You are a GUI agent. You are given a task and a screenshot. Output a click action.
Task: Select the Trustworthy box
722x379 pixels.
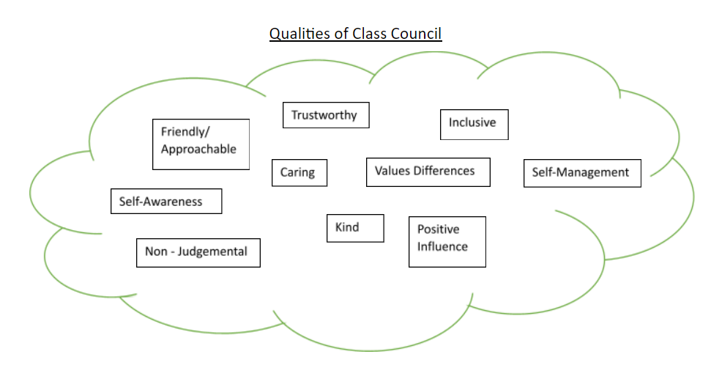[326, 115]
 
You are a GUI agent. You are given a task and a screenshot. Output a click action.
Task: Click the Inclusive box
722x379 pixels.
[474, 125]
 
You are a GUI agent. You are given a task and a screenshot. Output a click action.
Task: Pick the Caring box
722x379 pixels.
[299, 173]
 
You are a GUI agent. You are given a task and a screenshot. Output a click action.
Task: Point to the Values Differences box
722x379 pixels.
[428, 172]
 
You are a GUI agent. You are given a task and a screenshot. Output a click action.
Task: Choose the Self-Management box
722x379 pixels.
[582, 173]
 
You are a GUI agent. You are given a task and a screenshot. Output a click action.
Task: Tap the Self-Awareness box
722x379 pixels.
[166, 201]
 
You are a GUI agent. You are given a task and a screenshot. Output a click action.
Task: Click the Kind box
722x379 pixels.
[355, 228]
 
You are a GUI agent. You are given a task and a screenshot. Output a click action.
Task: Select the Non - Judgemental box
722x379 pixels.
[198, 253]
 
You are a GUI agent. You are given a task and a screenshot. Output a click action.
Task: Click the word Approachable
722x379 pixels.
[198, 150]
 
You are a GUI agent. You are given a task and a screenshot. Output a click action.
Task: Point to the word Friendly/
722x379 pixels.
[185, 133]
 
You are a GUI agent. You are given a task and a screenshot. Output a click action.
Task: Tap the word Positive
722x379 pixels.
[439, 229]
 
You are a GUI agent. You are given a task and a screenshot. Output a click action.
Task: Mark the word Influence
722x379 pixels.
[442, 246]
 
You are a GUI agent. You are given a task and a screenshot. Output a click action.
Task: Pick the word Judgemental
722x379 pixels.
[212, 251]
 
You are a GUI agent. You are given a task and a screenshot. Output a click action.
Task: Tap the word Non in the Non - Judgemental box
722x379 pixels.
[156, 251]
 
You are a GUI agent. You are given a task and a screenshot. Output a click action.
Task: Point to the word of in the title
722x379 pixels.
[343, 33]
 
